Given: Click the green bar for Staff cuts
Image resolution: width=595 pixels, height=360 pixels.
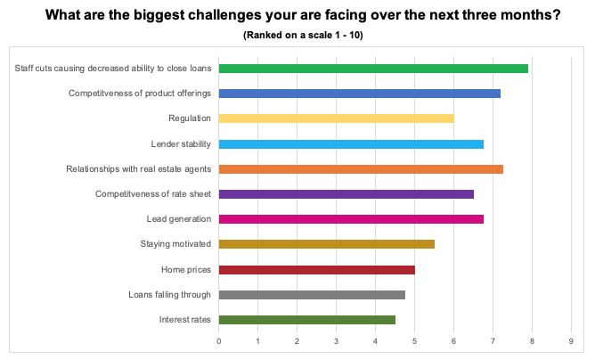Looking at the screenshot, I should click(x=373, y=69).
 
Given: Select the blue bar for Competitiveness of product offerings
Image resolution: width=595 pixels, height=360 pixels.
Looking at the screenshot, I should click(x=359, y=94).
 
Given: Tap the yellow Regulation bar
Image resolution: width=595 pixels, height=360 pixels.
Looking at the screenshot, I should click(x=336, y=119).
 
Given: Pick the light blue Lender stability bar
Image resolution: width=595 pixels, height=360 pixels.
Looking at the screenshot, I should click(x=351, y=144).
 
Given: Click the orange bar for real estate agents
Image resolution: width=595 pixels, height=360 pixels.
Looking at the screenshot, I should click(x=361, y=169).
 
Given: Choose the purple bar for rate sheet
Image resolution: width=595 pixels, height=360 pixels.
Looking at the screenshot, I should click(x=346, y=194).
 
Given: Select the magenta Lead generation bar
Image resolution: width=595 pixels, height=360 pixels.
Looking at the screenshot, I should click(x=351, y=219).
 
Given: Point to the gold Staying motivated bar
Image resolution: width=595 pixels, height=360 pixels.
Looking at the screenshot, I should click(x=326, y=244).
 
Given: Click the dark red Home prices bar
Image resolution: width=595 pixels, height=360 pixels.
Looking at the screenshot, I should click(x=316, y=270).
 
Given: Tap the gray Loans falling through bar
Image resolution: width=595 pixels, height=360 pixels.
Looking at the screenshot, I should click(x=312, y=295).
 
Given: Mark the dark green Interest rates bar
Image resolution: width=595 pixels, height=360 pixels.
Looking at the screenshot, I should click(x=306, y=320).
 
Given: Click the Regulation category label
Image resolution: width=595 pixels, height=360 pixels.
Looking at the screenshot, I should click(x=190, y=119).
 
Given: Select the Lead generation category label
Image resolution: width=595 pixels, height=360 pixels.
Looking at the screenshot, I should click(x=179, y=219).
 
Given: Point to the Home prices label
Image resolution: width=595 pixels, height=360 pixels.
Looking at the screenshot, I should click(x=186, y=270).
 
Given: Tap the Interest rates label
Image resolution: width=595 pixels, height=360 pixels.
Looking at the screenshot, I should click(x=185, y=320).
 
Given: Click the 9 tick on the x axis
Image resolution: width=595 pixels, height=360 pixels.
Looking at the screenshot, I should click(x=571, y=340).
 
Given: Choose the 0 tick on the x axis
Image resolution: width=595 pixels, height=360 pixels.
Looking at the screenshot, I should click(x=219, y=340).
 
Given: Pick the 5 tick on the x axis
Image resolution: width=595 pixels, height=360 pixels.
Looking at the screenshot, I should click(x=414, y=340).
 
